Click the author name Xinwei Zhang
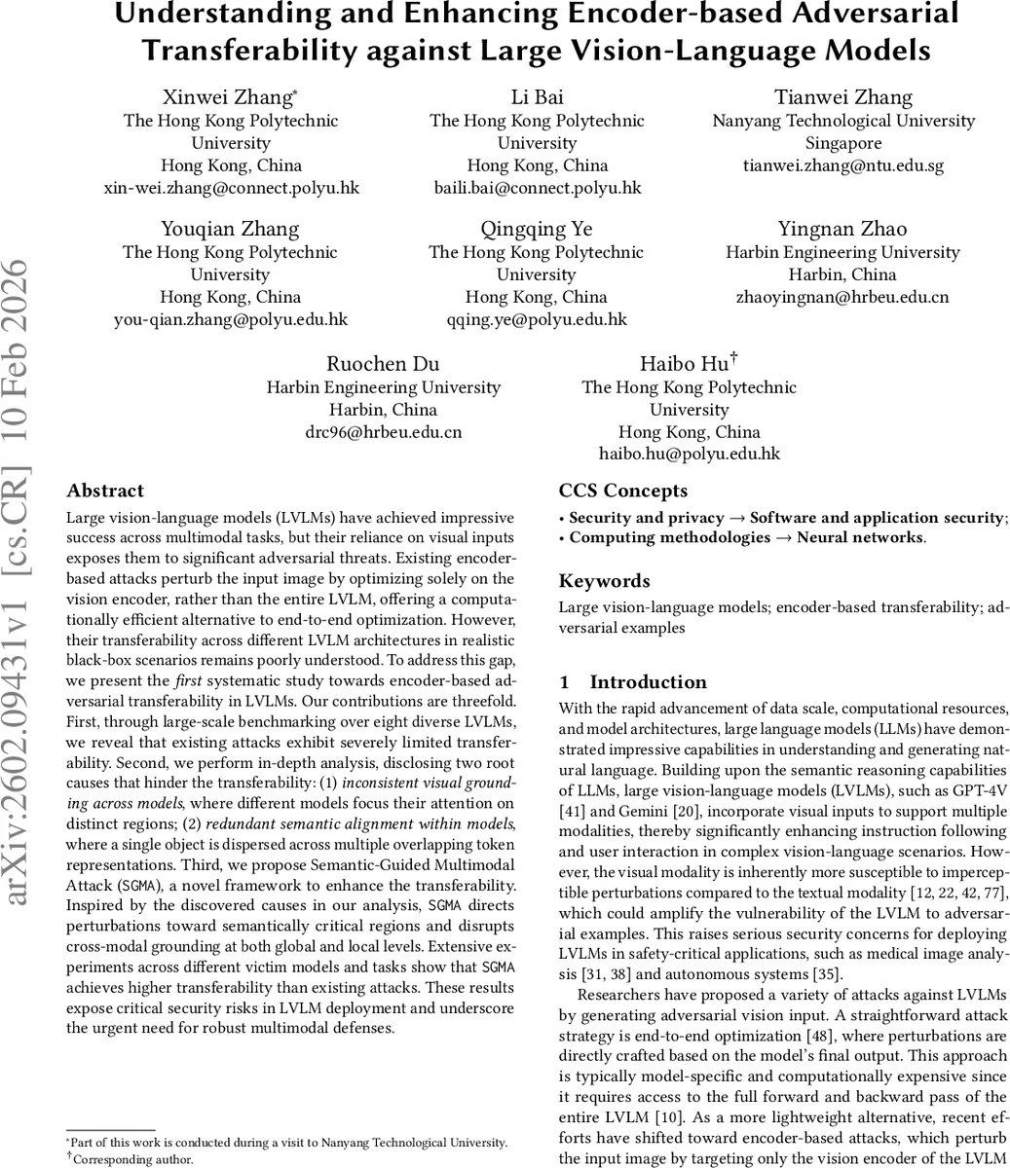point(228,97)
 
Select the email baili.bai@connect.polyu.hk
point(538,187)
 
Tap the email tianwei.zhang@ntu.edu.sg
point(843,164)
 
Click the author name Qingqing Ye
point(537,229)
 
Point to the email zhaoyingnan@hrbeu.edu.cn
point(842,297)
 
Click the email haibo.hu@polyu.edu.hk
point(689,454)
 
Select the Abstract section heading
point(105,491)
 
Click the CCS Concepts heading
point(623,491)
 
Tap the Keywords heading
point(604,581)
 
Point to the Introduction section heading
point(648,682)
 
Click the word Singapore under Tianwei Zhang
point(843,142)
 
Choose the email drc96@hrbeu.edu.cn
point(383,431)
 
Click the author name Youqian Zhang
point(230,229)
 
